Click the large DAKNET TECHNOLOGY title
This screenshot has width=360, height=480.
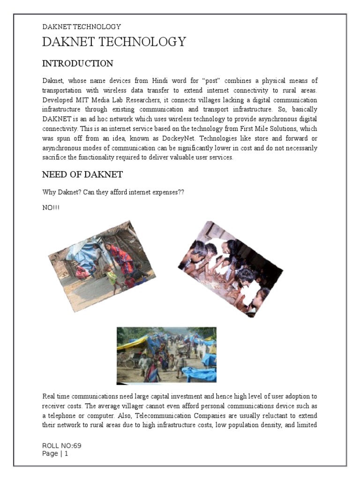coord(114,42)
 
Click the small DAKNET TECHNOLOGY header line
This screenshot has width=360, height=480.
coord(82,27)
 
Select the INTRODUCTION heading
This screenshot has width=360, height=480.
coord(77,63)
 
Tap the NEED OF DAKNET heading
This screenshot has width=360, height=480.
coord(82,175)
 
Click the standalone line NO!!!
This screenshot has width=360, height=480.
coord(51,207)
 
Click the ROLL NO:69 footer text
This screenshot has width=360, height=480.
coord(58,446)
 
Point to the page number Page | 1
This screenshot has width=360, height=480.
coord(55,453)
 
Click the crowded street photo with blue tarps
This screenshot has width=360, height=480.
coord(166,355)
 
